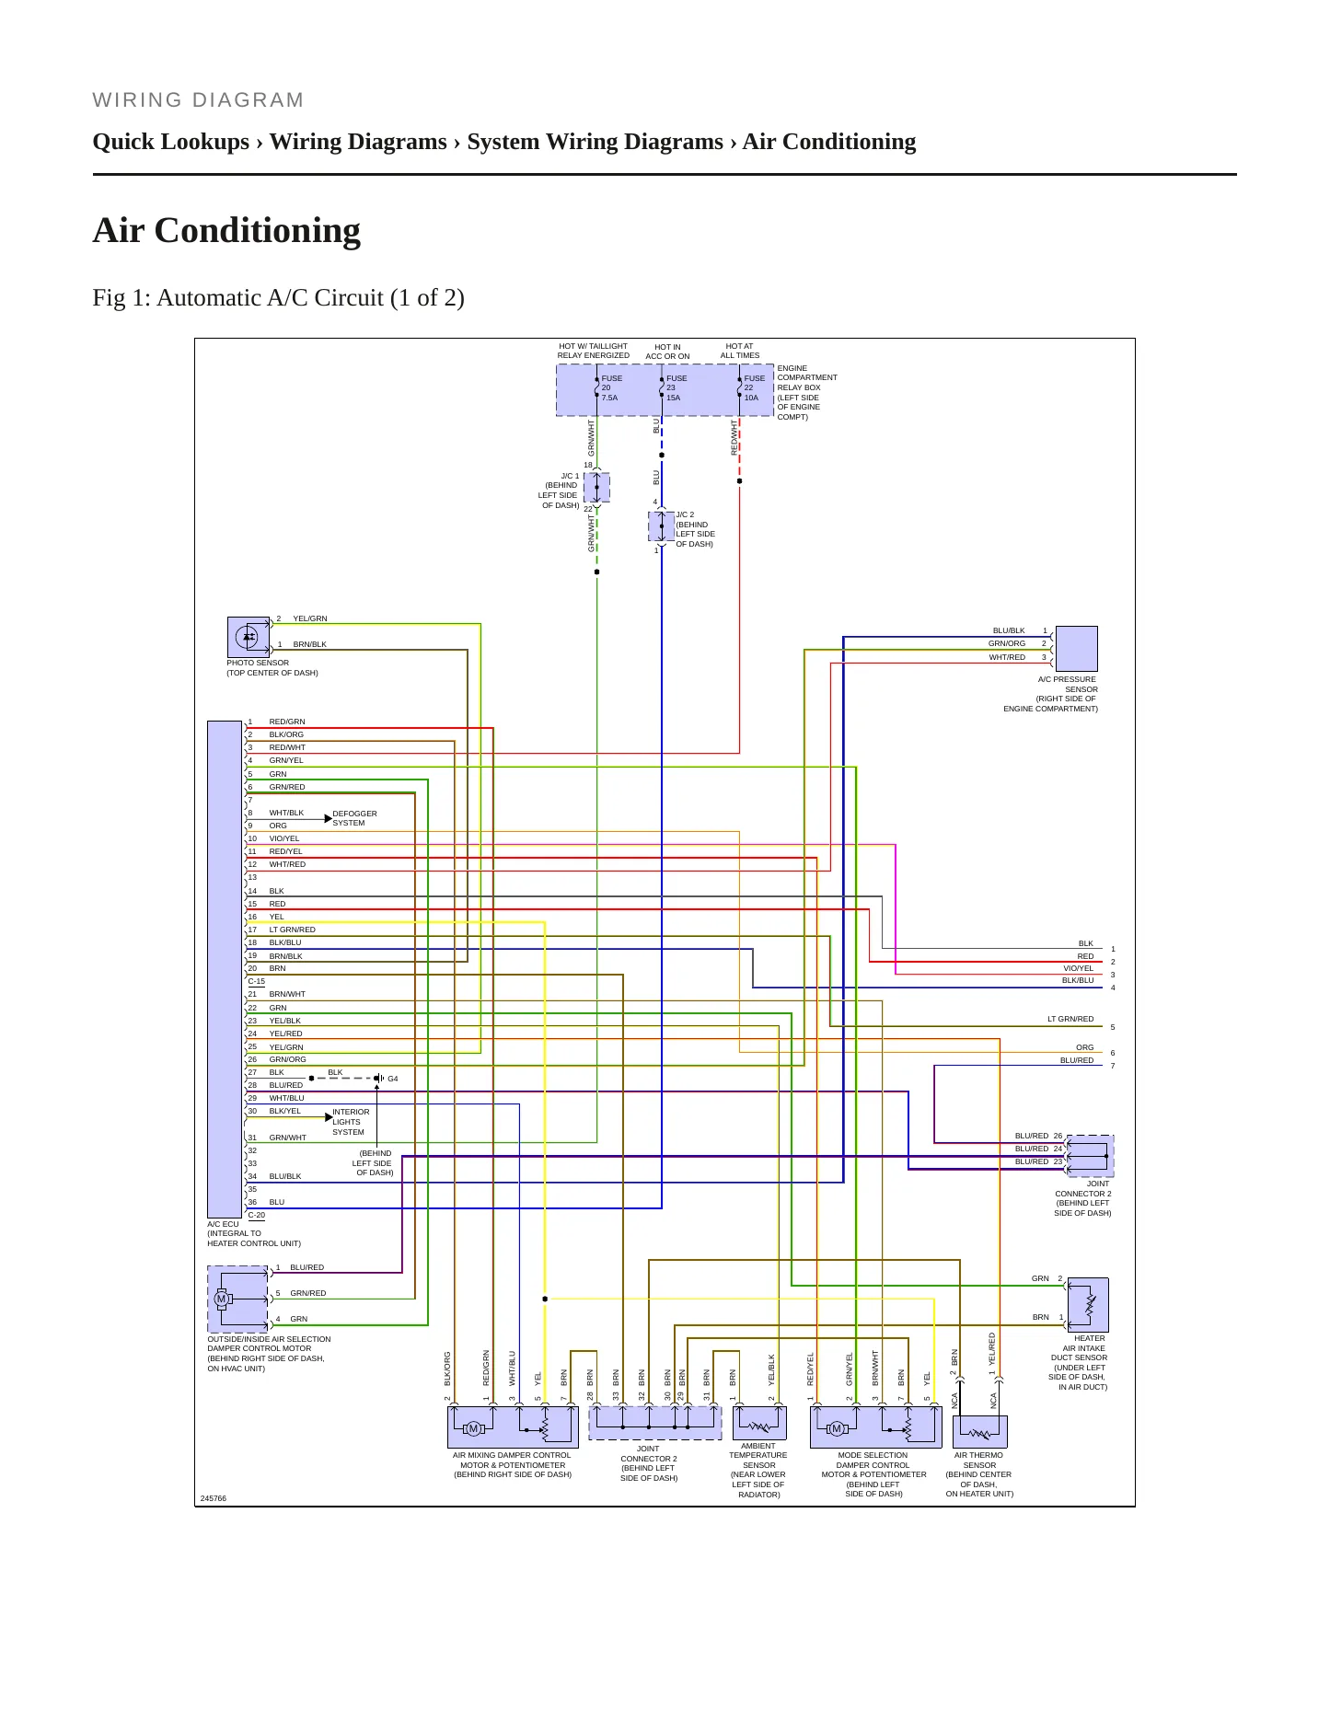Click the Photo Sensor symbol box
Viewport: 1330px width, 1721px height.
[249, 637]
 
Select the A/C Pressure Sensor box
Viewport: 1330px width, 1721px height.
[1076, 649]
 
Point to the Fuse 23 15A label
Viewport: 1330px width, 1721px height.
[677, 387]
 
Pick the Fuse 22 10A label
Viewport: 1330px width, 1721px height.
[755, 387]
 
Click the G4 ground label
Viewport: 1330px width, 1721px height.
[393, 1079]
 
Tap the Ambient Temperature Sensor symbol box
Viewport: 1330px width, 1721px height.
[759, 1424]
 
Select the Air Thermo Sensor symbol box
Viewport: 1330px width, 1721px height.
[980, 1432]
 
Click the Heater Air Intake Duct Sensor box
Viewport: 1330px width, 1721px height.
[1088, 1304]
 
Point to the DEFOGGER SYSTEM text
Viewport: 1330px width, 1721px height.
[354, 818]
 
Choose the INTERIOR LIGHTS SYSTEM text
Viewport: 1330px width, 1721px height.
[351, 1122]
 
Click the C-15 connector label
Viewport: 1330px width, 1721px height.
[256, 982]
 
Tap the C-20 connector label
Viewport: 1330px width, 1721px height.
[256, 1216]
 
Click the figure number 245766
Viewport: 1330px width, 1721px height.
[214, 1498]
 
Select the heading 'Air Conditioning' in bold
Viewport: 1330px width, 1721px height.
[226, 230]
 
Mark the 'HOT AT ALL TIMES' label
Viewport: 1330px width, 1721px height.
[740, 351]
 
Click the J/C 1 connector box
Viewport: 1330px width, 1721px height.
[596, 488]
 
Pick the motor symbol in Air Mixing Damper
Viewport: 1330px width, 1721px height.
[474, 1428]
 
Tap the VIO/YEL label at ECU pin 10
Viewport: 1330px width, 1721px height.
[284, 838]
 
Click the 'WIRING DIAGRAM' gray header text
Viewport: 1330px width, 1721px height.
[198, 100]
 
